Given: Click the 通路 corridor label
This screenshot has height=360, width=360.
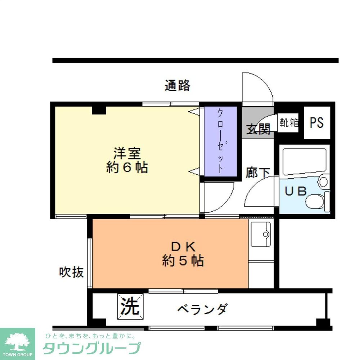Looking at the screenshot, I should [177, 86].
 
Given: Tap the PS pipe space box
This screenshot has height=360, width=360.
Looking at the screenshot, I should [317, 123].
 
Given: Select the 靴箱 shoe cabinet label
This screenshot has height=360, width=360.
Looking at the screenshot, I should [289, 123].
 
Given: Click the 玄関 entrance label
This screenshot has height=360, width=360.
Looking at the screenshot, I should [258, 129].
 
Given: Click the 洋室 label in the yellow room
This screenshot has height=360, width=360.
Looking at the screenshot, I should [127, 154].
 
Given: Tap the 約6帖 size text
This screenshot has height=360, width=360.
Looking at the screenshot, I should [127, 168].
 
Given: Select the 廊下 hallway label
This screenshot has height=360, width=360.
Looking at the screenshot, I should [258, 172].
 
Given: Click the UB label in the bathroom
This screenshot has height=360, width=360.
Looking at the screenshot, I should [296, 191].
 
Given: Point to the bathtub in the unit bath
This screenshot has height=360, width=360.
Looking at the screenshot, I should [304, 161].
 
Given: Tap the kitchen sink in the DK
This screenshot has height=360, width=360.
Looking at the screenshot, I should [261, 234].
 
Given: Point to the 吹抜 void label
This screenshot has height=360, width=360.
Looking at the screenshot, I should [71, 272].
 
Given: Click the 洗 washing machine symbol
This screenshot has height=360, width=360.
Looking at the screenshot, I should [130, 306].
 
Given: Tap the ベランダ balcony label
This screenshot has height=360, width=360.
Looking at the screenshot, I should [203, 309].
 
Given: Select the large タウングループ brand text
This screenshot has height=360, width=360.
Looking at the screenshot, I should [91, 348].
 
